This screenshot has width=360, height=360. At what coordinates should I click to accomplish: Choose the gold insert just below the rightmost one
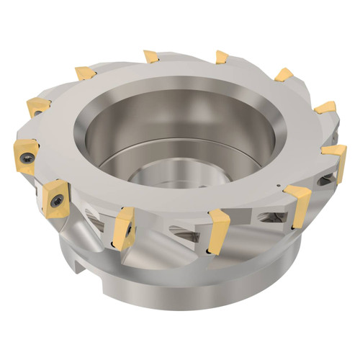[x=297, y=199]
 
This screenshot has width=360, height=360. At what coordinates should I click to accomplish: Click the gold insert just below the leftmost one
[x=55, y=195]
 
